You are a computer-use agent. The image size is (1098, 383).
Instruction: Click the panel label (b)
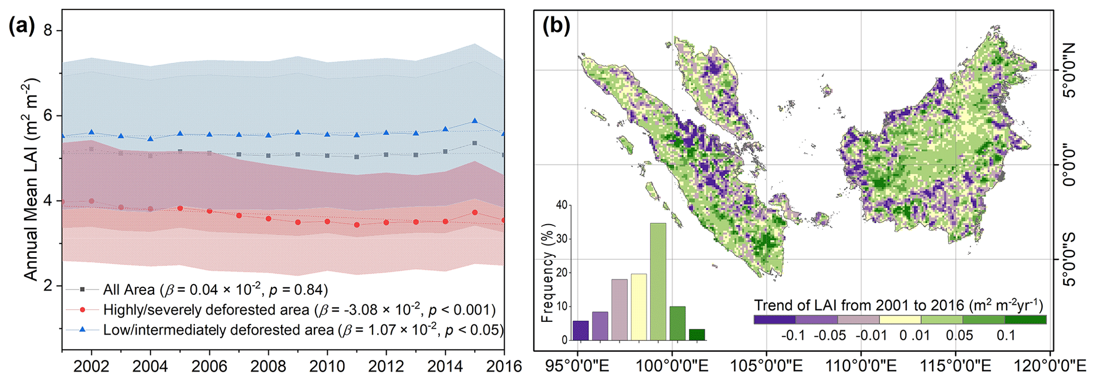556,25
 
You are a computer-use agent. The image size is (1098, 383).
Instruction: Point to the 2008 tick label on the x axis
269,366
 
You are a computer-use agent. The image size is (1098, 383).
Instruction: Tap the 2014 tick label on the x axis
445,366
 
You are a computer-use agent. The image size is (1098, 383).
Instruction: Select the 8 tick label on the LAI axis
48,30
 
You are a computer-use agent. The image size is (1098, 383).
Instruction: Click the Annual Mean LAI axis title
32,179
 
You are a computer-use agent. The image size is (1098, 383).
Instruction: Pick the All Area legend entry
215,290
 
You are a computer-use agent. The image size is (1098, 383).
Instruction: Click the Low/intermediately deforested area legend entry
303,330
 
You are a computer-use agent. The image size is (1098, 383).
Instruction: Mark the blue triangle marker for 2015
474,122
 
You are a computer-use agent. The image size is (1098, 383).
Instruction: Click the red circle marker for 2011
356,225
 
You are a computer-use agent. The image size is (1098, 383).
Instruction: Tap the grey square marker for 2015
474,143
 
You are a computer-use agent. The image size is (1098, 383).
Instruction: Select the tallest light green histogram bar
658,282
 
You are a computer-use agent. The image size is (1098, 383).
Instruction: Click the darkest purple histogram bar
581,330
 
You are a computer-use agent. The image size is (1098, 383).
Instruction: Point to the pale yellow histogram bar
639,307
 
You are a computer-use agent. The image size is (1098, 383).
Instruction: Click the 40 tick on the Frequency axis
561,205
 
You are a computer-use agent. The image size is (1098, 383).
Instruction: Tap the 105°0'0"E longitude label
766,366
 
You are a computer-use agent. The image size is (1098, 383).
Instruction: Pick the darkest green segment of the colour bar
1025,320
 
